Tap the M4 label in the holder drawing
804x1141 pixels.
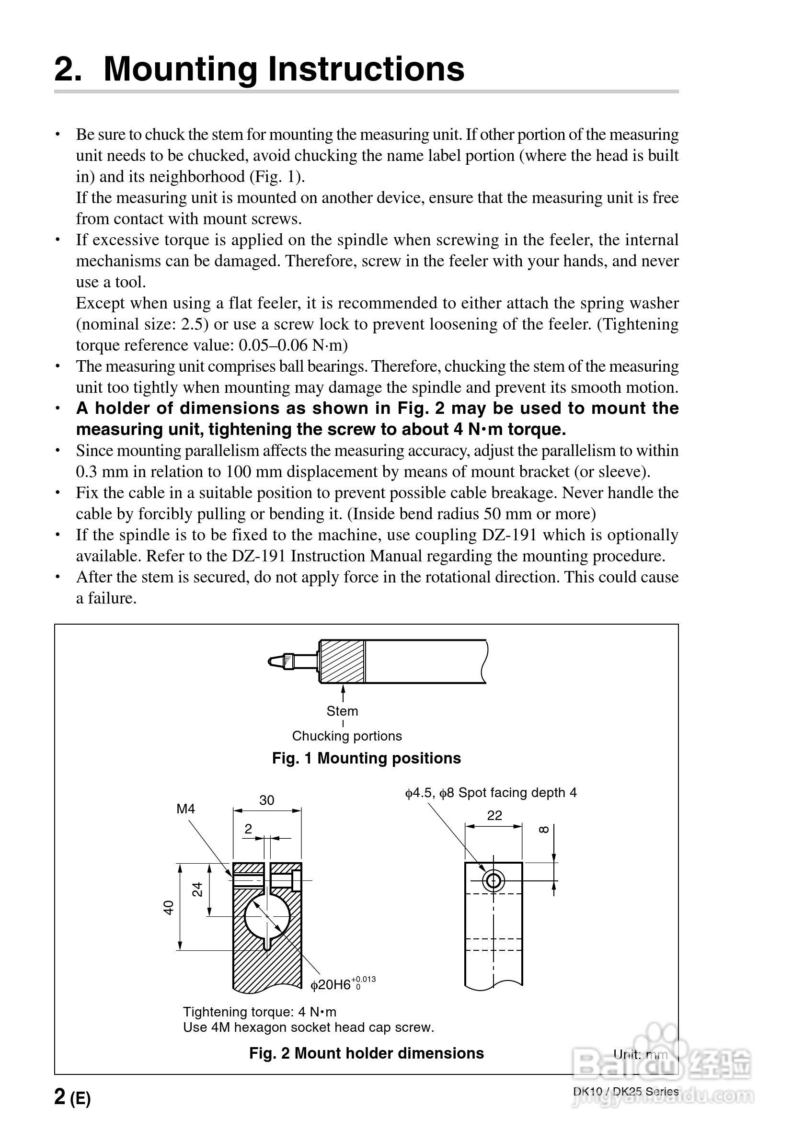(185, 809)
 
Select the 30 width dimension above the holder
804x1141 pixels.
(266, 799)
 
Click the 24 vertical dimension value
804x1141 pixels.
(197, 889)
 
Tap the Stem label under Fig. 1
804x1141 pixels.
(342, 711)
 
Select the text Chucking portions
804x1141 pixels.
(346, 736)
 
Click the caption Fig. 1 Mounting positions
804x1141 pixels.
(367, 758)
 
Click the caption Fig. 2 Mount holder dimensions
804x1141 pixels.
(367, 1053)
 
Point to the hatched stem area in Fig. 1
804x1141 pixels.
(342, 662)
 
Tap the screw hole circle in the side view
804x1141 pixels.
(493, 881)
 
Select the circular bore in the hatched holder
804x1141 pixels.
(267, 915)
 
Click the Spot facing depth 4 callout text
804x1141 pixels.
(517, 793)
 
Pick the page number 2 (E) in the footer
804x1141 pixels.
(72, 1096)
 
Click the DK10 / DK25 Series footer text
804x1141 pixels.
(625, 1092)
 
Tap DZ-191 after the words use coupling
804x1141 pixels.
(509, 535)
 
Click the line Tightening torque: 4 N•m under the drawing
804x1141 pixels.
(260, 1012)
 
